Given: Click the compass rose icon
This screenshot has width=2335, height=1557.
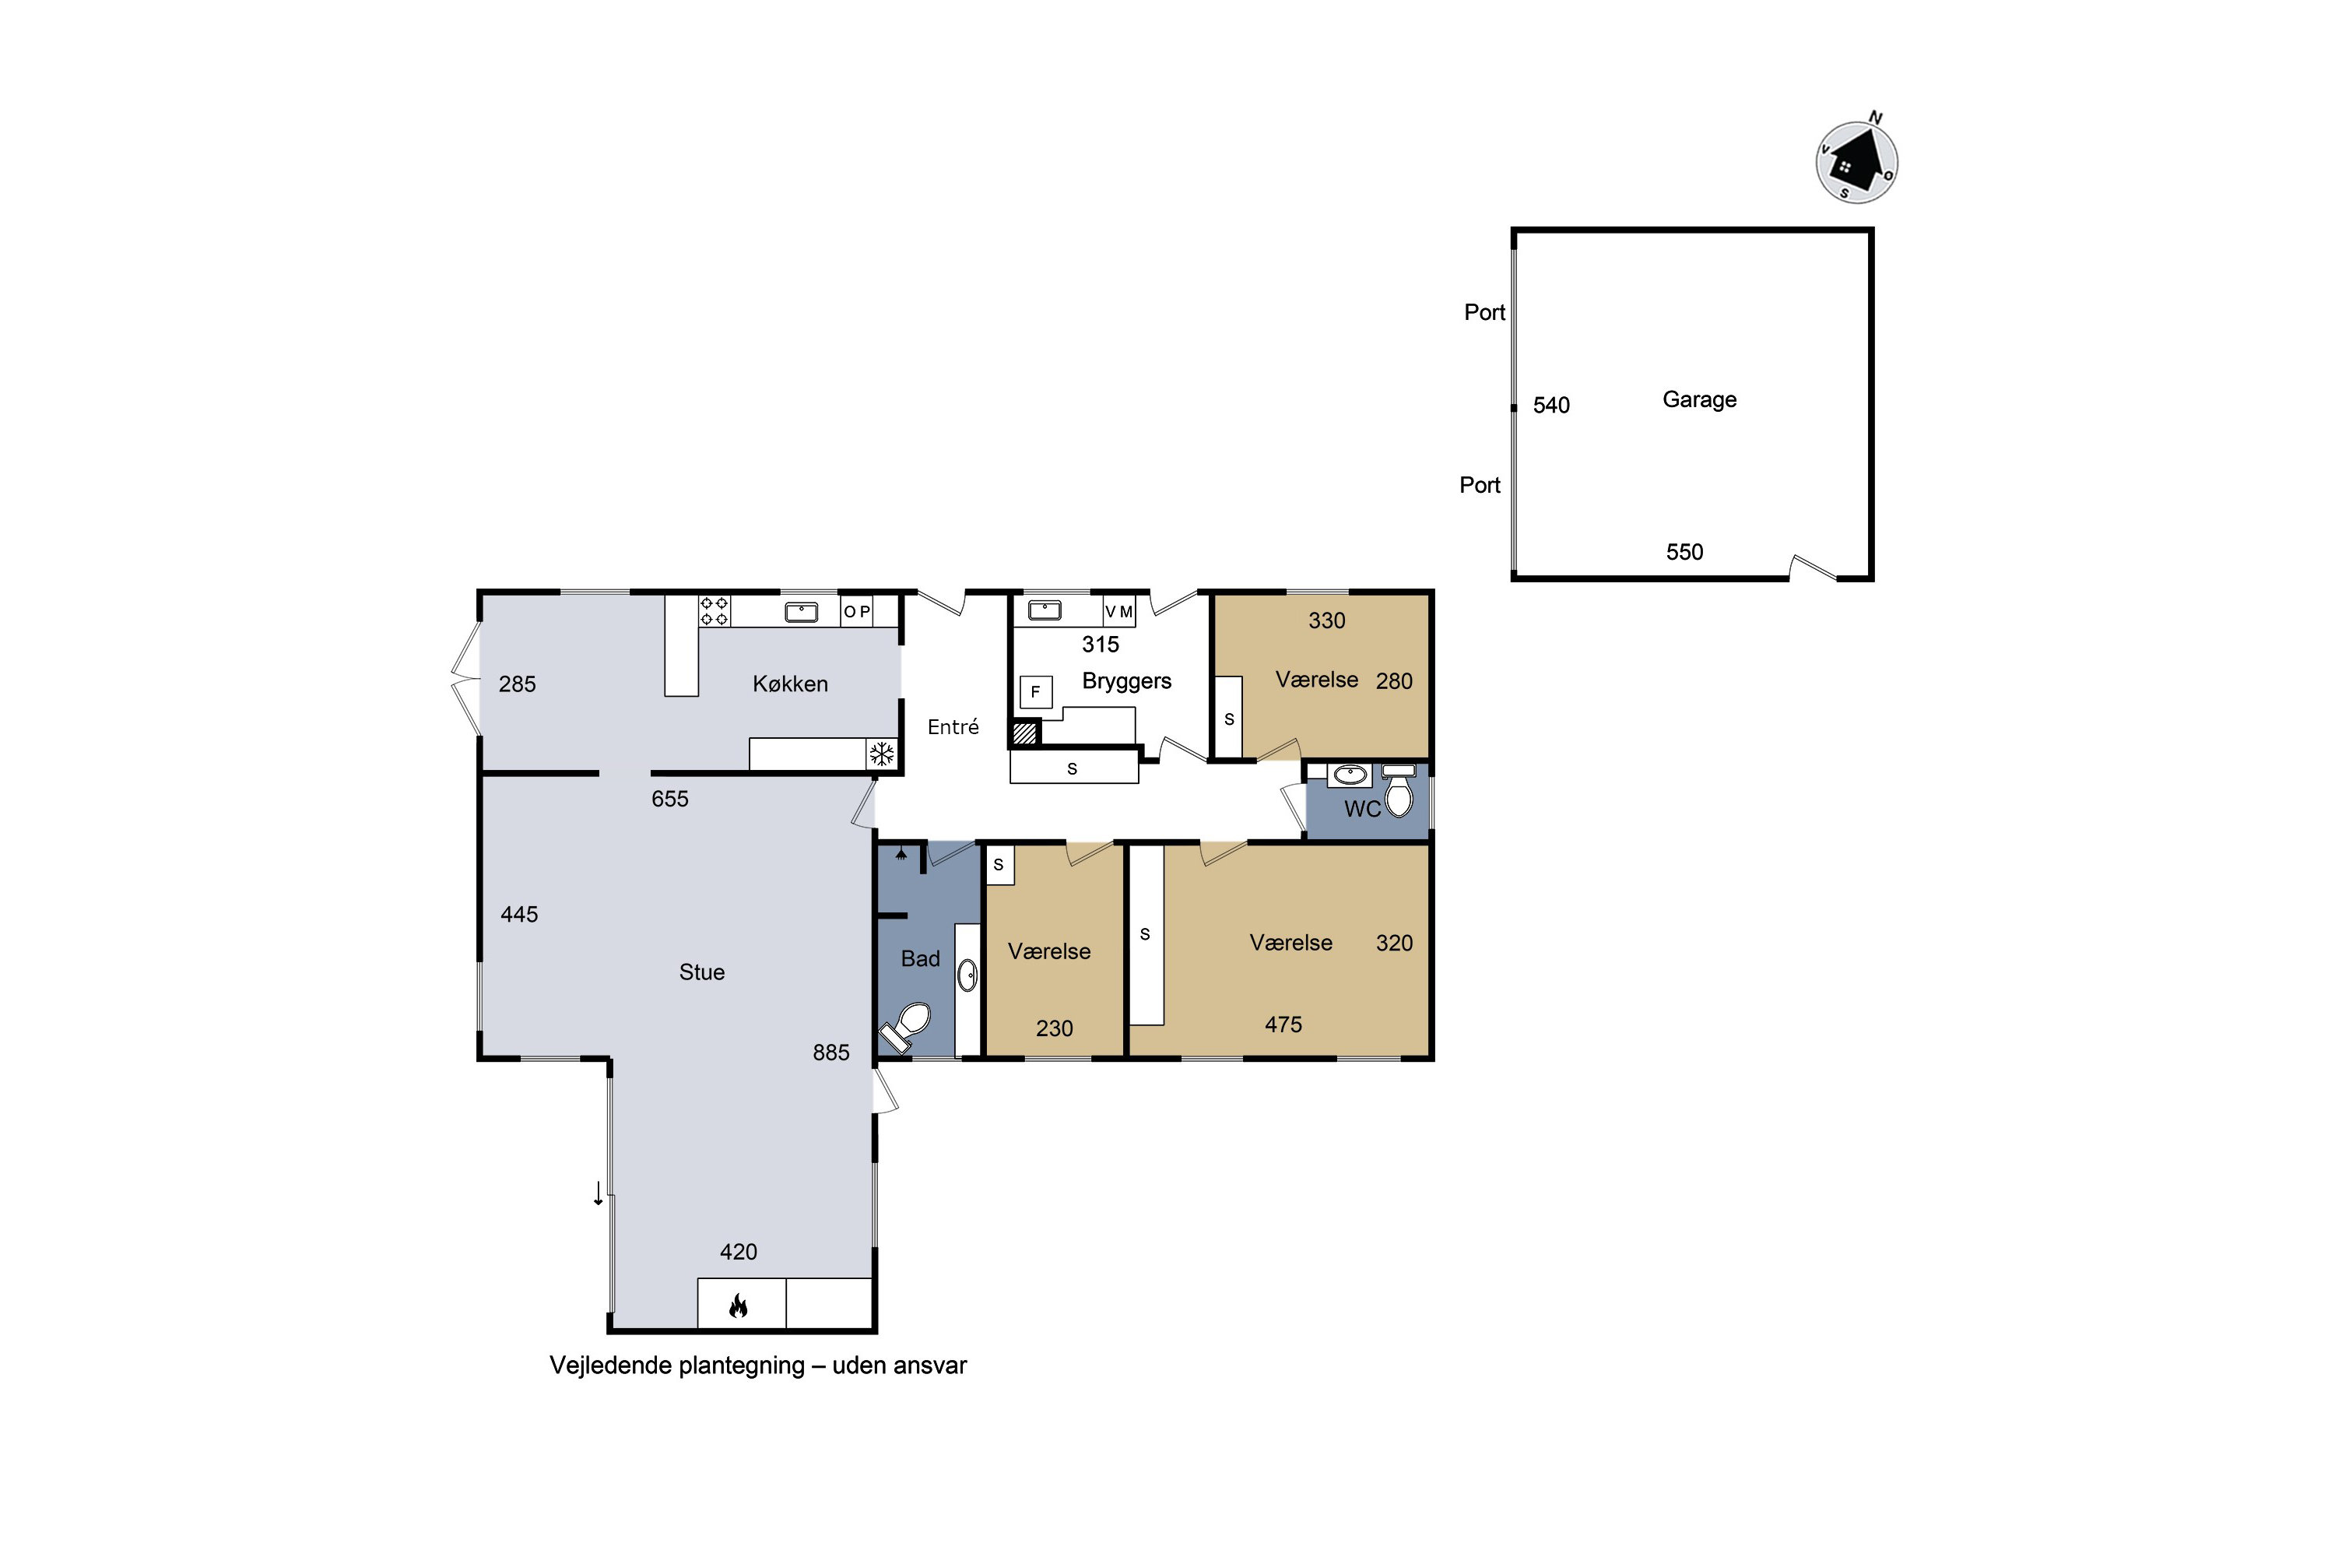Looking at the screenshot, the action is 1856,161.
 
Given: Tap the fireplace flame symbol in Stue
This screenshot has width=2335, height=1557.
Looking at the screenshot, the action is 738,1305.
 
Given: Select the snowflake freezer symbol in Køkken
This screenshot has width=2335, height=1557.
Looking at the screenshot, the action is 882,754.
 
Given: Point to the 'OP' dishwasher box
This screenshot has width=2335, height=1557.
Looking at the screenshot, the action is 857,612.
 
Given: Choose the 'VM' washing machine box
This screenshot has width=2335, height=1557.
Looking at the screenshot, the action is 1119,612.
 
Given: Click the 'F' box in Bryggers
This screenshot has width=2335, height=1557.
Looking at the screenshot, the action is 1035,692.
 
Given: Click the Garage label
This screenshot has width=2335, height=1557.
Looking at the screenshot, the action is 1700,399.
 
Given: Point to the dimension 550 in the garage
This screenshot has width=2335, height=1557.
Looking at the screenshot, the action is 1685,552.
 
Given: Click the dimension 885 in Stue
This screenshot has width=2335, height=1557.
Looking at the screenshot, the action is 831,1053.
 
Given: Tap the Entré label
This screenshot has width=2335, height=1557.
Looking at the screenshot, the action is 953,727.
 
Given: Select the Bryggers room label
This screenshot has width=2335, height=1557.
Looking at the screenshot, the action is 1127,681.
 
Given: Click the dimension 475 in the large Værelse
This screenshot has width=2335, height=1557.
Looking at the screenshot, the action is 1283,1025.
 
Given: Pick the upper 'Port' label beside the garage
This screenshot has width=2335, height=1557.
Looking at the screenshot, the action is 1485,312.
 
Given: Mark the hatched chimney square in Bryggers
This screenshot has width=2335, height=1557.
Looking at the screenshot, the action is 1024,734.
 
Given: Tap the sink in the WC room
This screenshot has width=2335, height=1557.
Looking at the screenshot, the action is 1349,775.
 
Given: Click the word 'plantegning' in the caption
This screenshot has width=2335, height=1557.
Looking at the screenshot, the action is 743,1366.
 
